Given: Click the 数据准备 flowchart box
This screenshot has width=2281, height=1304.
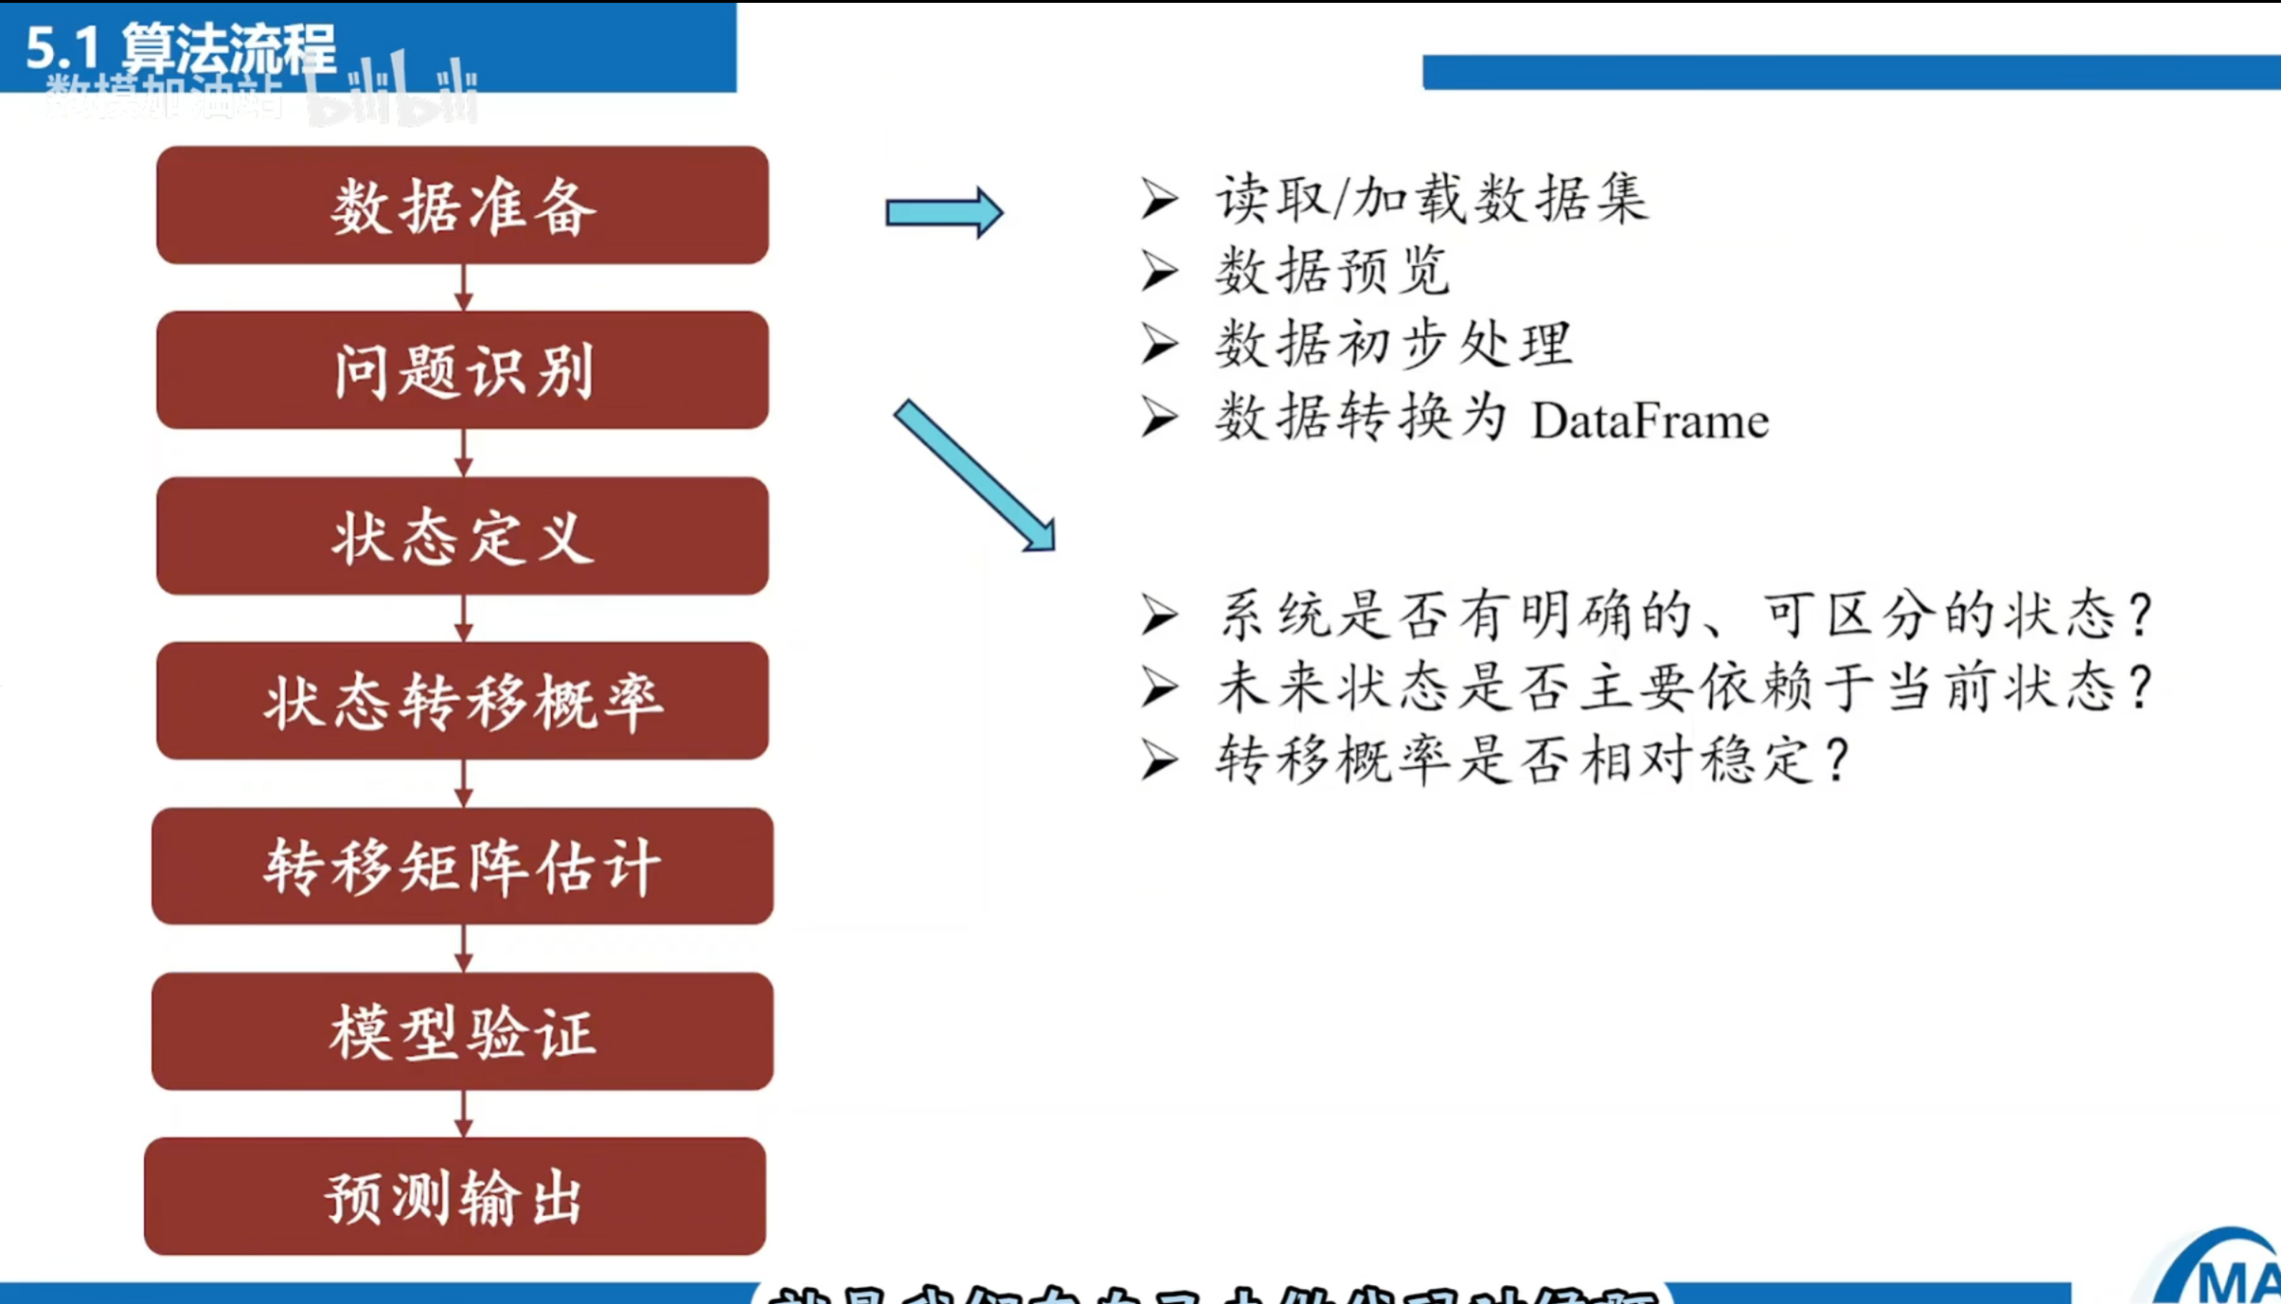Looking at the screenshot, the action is coord(462,205).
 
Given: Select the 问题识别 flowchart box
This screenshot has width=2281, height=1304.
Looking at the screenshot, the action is coord(462,370).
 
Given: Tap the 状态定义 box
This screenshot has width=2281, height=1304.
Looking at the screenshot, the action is coord(462,536).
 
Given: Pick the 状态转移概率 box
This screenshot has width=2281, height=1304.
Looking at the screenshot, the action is coord(462,701).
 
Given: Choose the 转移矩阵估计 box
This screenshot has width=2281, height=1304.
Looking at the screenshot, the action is coord(462,866).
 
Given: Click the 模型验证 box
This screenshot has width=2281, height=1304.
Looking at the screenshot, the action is coord(462,1031).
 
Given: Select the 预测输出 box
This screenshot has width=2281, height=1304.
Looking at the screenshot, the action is coord(454,1197).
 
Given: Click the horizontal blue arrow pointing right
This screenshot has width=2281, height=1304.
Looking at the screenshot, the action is coord(943,212).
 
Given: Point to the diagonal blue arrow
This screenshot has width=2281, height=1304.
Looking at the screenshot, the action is coord(975,475).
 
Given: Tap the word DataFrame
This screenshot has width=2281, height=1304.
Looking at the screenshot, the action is coord(1649,420).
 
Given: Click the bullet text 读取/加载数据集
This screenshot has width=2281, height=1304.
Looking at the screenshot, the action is coord(1432,200).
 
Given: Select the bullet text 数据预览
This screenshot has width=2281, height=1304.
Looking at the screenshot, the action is coord(1331,272).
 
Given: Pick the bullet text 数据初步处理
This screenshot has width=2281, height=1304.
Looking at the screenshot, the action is coord(1394,344).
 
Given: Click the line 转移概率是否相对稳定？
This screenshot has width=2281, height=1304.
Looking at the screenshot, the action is coord(1532,759).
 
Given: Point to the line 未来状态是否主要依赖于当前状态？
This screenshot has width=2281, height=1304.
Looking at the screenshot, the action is coord(1684,688).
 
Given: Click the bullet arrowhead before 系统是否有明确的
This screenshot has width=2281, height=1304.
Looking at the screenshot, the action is coord(1159,615).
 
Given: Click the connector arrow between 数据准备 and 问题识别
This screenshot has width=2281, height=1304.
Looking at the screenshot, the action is coord(463,287).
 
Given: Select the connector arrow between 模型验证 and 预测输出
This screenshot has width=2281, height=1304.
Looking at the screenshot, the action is coord(463,1114).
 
